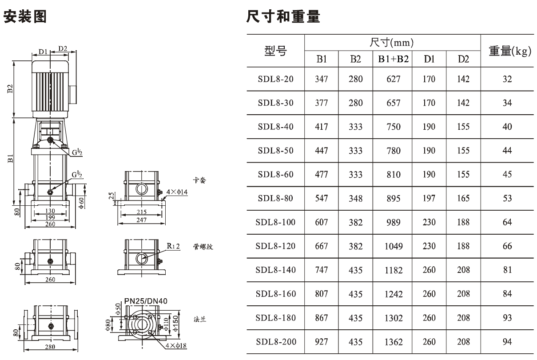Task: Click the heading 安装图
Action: tap(25, 16)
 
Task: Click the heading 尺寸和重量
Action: tap(283, 16)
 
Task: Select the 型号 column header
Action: tap(275, 51)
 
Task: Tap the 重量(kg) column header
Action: tap(510, 51)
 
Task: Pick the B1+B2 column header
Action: tap(393, 59)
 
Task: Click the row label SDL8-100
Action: tap(275, 222)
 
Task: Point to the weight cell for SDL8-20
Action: tap(507, 79)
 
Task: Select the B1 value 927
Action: tap(321, 341)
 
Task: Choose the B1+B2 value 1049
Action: tap(394, 246)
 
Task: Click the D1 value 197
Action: tap(429, 198)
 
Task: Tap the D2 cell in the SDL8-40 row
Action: tap(463, 127)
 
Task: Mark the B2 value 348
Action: tap(355, 198)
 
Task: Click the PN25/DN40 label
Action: tap(146, 301)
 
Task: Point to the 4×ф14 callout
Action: tap(177, 192)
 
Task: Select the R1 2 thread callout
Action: tap(173, 246)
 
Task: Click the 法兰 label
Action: tap(200, 319)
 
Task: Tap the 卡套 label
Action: tap(199, 180)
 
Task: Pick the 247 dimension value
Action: tap(141, 220)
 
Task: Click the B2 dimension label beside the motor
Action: tap(10, 89)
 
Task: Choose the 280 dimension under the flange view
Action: tap(50, 347)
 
